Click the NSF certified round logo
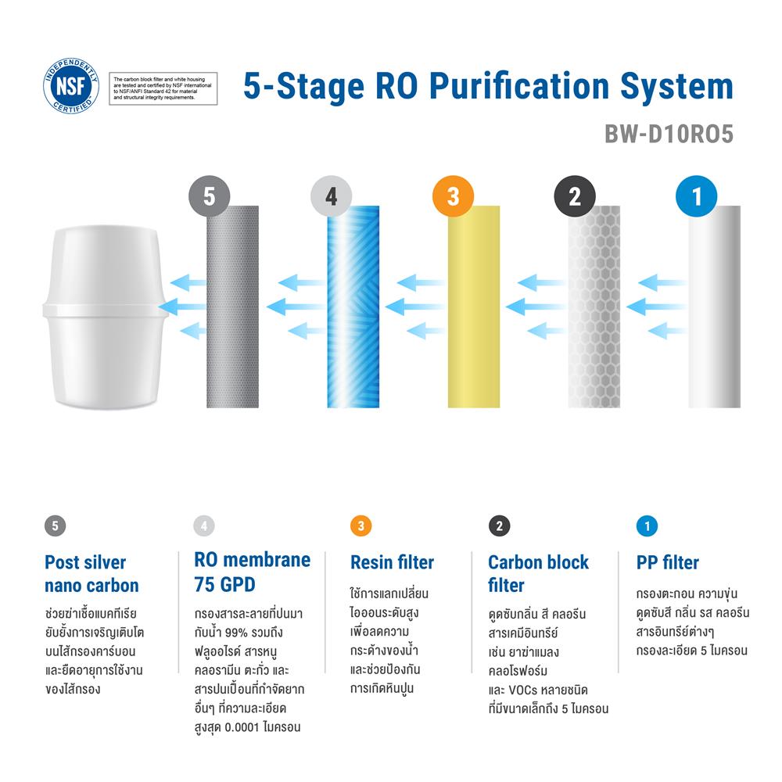pyautogui.click(x=71, y=86)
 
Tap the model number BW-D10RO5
pyautogui.click(x=669, y=134)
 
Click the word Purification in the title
pyautogui.click(x=519, y=86)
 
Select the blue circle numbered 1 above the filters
pyautogui.click(x=696, y=196)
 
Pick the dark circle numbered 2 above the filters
pyautogui.click(x=575, y=196)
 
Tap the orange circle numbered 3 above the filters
pyautogui.click(x=454, y=196)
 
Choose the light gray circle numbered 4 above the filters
pyautogui.click(x=331, y=196)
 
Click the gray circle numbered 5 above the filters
pyautogui.click(x=210, y=196)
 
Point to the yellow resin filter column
pyautogui.click(x=474, y=307)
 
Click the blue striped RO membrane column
pyautogui.click(x=353, y=307)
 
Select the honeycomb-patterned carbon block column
pyautogui.click(x=594, y=307)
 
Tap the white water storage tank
pyautogui.click(x=106, y=317)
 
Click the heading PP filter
pyautogui.click(x=667, y=562)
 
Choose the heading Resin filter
pyautogui.click(x=392, y=562)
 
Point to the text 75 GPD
pyautogui.click(x=225, y=584)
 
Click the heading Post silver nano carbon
pyautogui.click(x=91, y=574)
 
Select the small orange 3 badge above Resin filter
pyautogui.click(x=361, y=526)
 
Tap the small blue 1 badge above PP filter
pyautogui.click(x=647, y=526)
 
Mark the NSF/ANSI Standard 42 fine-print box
pyautogui.click(x=163, y=88)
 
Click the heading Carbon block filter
pyautogui.click(x=539, y=574)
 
